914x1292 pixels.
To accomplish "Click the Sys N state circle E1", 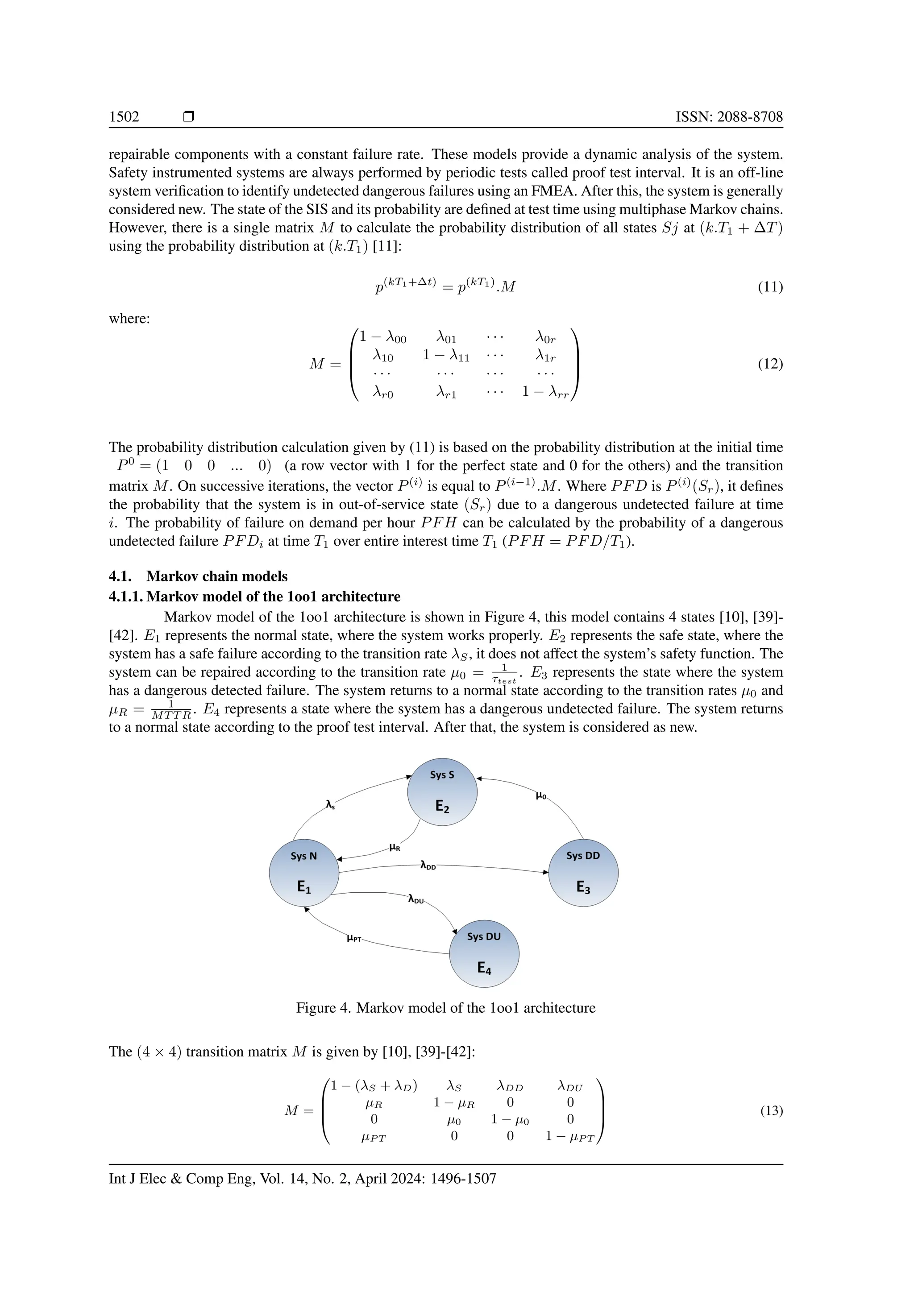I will (304, 873).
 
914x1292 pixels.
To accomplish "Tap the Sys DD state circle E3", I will (583, 873).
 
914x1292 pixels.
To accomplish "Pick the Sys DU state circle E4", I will (484, 954).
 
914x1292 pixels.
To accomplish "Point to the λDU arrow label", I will (415, 900).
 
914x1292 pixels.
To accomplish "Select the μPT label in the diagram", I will (354, 938).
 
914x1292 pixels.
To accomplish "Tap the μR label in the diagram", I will (395, 847).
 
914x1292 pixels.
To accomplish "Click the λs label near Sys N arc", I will (330, 805).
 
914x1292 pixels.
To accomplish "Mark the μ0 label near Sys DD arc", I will (540, 796).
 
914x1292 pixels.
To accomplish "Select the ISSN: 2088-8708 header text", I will (729, 116).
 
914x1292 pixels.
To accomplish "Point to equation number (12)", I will (770, 364).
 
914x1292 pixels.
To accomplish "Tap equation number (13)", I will (771, 1111).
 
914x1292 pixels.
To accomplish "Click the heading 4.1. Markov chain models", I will (198, 576).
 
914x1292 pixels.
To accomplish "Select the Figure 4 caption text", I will (445, 1007).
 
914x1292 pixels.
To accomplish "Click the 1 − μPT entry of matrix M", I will (569, 1137).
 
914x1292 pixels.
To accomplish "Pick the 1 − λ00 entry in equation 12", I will (383, 337).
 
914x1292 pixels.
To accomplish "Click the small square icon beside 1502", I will (189, 116).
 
